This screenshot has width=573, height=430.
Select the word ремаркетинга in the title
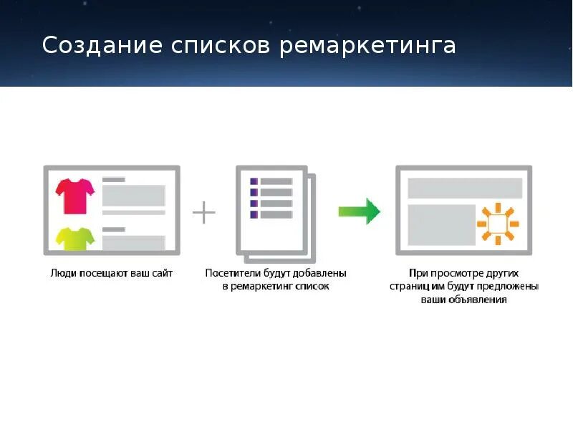coord(367,45)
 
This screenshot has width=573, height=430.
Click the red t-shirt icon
coord(76,195)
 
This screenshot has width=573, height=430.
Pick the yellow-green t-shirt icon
coord(76,239)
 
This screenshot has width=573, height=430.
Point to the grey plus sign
coord(204,212)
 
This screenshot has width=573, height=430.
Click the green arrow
coord(360,211)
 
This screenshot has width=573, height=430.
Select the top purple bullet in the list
coord(254,181)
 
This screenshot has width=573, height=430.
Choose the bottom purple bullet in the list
coord(254,214)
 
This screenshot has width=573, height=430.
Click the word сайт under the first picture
coord(160,273)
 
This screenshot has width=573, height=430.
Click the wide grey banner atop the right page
coord(464,188)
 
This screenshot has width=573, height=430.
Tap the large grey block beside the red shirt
coord(134,196)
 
